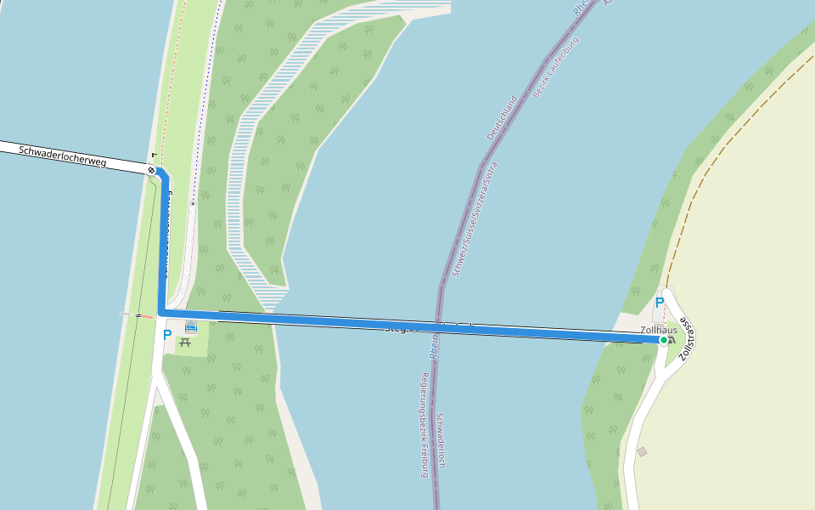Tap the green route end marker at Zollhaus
[x=664, y=340]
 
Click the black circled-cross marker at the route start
[x=151, y=170]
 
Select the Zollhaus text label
[x=659, y=330]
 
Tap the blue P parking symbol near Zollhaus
[x=659, y=303]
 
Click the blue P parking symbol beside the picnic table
[x=166, y=335]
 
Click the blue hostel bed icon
[x=190, y=326]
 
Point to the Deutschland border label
[x=503, y=118]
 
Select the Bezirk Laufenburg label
[x=555, y=67]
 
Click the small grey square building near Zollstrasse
[x=642, y=451]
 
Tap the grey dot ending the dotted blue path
[x=193, y=204]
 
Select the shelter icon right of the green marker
[x=673, y=340]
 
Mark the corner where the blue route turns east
[x=161, y=314]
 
